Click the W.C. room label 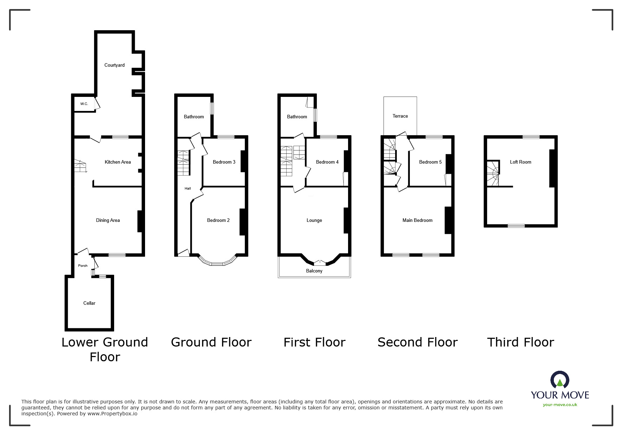(84, 104)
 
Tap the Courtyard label (114, 65)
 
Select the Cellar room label (89, 303)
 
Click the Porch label (83, 266)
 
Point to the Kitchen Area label (118, 162)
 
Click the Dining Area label (108, 220)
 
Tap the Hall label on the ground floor (188, 189)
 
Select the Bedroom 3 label (224, 162)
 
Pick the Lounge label (314, 220)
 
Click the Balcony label (314, 271)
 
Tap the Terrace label (400, 116)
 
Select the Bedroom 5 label (430, 162)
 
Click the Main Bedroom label (417, 220)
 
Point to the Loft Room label (520, 162)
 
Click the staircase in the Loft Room (492, 173)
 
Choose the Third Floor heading (520, 342)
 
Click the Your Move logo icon (559, 380)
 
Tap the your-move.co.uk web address (560, 405)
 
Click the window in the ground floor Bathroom (212, 108)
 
